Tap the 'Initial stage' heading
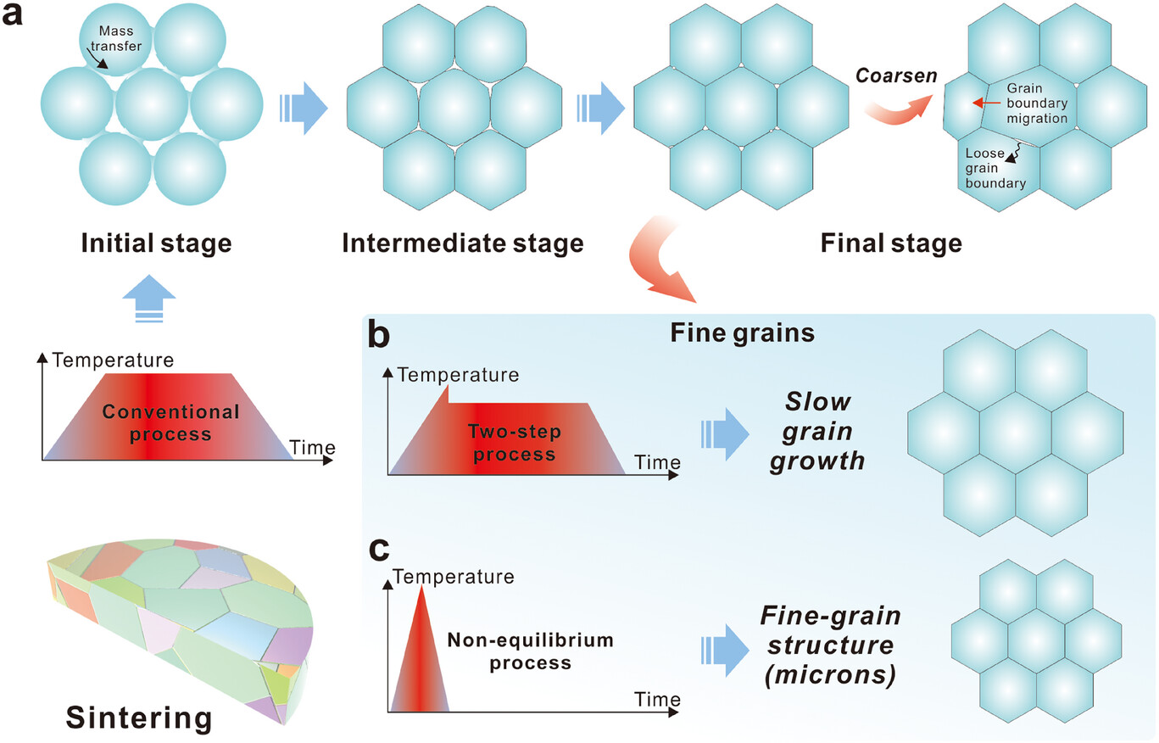pos(156,244)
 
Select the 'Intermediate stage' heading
pos(462,244)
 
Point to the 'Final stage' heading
pos(891,244)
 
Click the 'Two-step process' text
pos(510,442)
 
